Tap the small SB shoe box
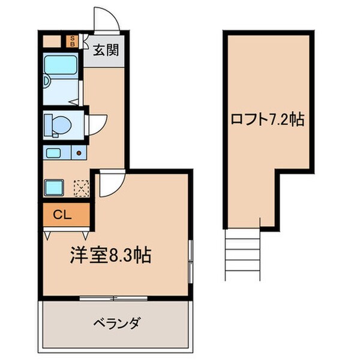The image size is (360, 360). click(72, 41)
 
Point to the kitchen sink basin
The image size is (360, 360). click(53, 152)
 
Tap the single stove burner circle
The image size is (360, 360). click(79, 153)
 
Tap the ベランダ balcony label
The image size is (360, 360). click(117, 324)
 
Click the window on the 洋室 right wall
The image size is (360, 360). click(191, 261)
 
